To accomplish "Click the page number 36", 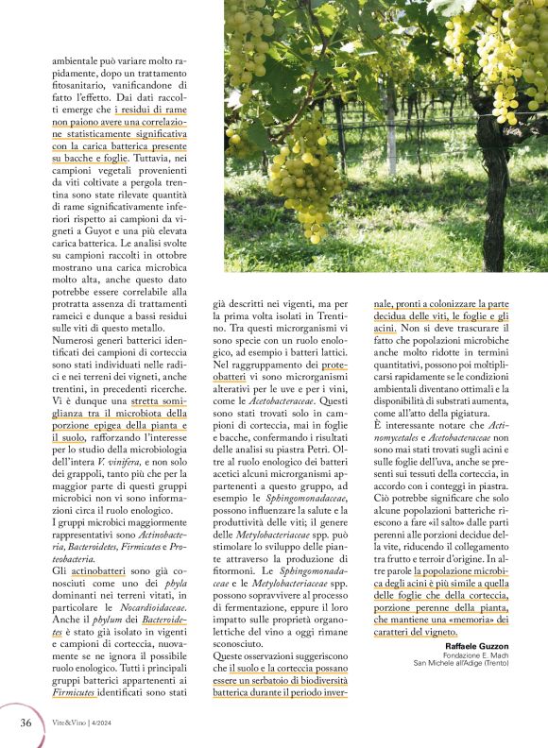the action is [26, 722].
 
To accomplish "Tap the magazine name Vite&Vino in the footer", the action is [68, 722].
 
